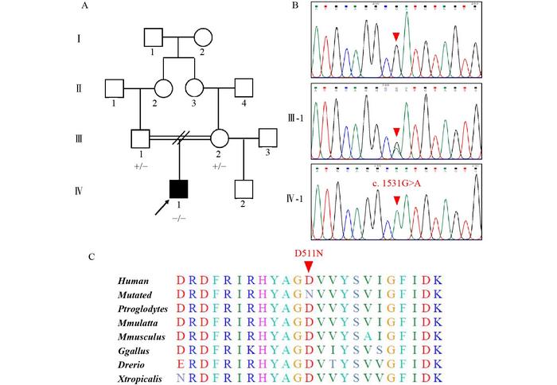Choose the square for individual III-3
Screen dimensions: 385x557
click(x=267, y=138)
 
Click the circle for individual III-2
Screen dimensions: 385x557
click(x=220, y=138)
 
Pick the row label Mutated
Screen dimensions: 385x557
click(x=134, y=294)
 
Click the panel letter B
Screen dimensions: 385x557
click(x=296, y=6)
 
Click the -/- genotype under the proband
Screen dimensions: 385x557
click(x=177, y=213)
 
